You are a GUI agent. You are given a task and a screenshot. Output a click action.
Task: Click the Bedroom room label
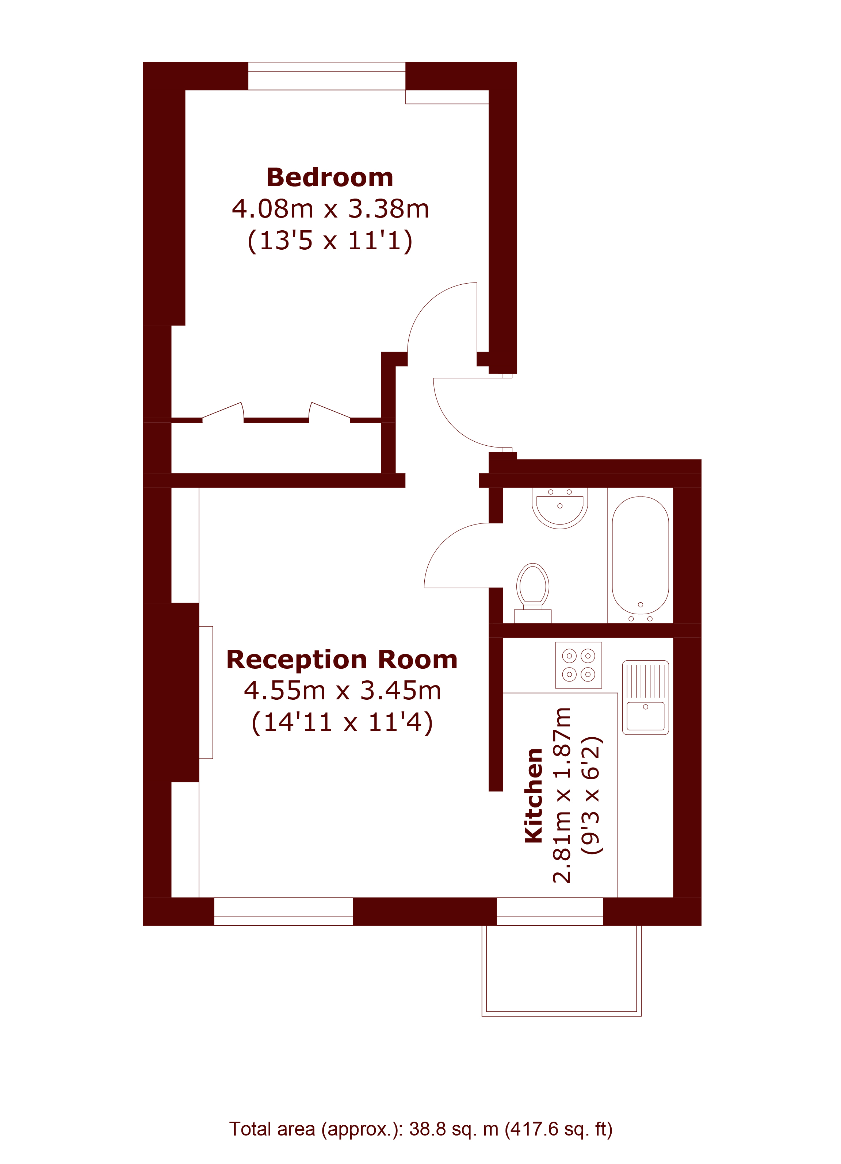tap(330, 178)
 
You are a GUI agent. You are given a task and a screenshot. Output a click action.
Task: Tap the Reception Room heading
tap(342, 660)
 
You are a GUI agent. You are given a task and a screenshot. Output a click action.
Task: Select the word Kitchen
tap(534, 795)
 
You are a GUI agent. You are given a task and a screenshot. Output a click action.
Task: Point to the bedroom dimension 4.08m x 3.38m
tap(330, 208)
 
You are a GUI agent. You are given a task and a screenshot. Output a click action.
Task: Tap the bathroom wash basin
tap(560, 508)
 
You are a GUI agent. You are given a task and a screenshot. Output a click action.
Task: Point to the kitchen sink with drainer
tap(645, 698)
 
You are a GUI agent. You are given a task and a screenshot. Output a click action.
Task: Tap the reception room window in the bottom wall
tap(283, 911)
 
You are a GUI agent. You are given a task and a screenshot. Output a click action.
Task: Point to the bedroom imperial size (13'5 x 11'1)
tap(330, 240)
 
